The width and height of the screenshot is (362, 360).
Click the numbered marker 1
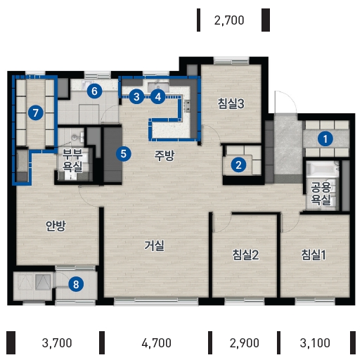pos(325,139)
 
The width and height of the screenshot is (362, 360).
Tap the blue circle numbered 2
pos(238,165)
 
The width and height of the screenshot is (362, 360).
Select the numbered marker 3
pos(136,96)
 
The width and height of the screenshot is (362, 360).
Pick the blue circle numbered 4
pos(158,96)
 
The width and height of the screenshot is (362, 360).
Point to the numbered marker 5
pos(124,154)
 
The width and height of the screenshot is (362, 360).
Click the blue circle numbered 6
pos(94,91)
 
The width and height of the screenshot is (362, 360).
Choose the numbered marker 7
pos(36,113)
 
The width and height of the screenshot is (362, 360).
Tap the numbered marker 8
pos(76,284)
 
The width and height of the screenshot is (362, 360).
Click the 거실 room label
pos(154,245)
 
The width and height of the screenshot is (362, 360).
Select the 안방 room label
pos(56,226)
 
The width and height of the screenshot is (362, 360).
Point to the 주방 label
pos(164,155)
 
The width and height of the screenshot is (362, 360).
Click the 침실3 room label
pos(231,103)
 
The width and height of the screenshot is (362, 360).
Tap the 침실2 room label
pos(245,255)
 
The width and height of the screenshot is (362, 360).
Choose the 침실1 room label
pos(313,255)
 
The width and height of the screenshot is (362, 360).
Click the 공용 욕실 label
pos(321,193)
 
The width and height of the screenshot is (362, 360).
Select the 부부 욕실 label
pos(72,160)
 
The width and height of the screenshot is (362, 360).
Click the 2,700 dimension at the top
pos(229,20)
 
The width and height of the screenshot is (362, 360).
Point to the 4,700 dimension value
pos(157,343)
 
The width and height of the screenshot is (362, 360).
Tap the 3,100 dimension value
pos(315,343)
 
